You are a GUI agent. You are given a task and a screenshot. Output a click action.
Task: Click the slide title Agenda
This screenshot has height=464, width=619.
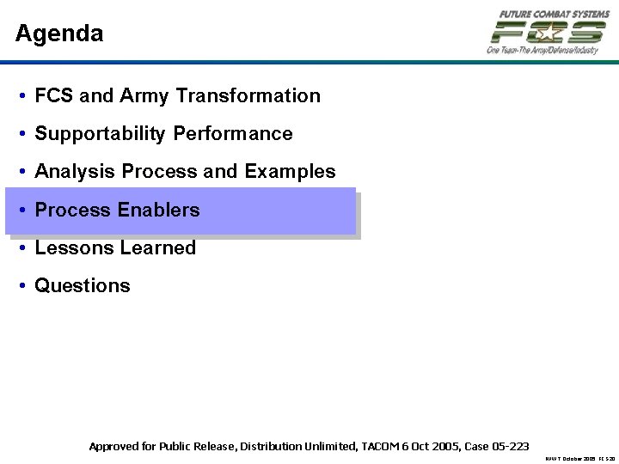click(59, 34)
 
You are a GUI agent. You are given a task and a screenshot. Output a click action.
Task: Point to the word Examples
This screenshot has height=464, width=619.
click(290, 172)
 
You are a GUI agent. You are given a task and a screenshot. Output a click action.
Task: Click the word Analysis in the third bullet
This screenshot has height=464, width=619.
click(76, 172)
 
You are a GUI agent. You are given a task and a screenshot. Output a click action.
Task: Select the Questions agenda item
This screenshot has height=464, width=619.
click(83, 285)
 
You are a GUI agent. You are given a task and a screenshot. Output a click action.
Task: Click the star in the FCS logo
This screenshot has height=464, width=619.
click(547, 33)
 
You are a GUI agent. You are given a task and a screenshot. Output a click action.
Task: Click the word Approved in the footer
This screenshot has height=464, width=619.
click(113, 446)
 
